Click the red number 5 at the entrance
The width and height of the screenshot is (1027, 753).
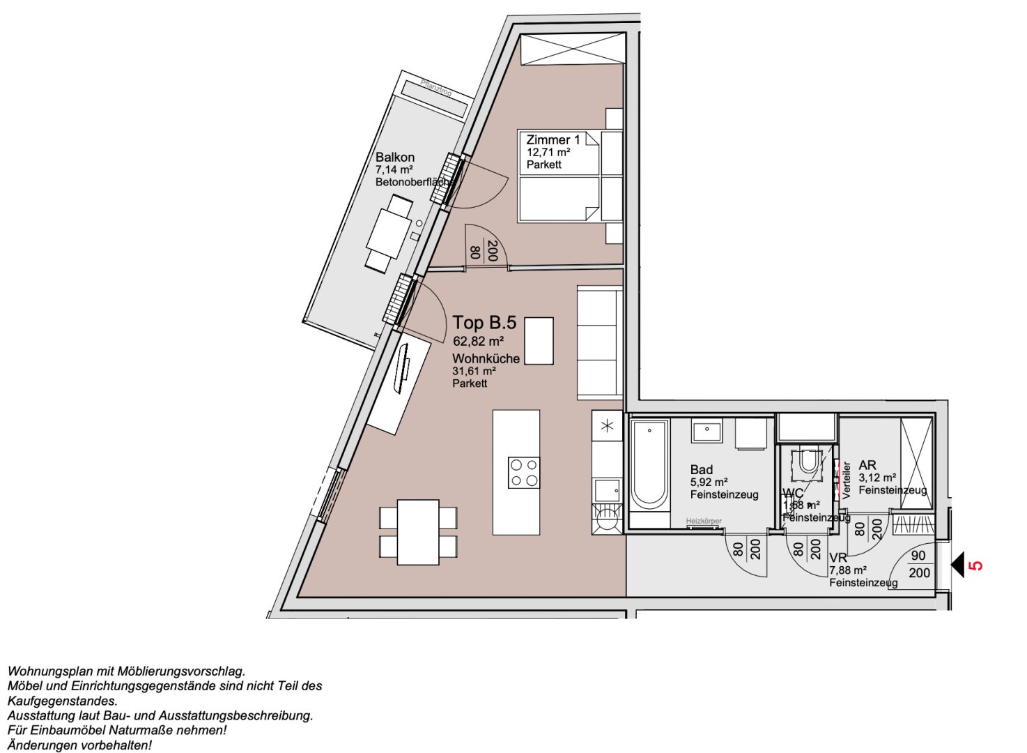[977, 565]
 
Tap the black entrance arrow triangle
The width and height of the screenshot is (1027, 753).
[957, 565]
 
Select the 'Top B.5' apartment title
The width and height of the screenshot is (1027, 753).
[484, 323]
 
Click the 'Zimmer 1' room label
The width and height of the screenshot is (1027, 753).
[553, 140]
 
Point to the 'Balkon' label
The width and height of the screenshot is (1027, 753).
[394, 158]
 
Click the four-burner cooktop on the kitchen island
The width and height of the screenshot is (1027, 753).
[523, 472]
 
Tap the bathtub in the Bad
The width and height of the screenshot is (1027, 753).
[648, 465]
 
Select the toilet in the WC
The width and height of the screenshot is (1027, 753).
[808, 462]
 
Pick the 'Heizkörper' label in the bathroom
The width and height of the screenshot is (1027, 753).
[704, 522]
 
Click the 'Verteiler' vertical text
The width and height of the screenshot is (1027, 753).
[847, 480]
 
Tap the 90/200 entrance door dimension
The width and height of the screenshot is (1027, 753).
[919, 565]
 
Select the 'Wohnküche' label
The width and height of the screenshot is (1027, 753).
[486, 358]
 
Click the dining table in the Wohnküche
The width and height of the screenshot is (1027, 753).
[418, 531]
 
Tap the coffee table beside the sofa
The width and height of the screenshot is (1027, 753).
[539, 340]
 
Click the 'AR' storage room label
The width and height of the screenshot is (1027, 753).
[867, 465]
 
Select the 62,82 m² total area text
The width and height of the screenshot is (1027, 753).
[478, 342]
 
